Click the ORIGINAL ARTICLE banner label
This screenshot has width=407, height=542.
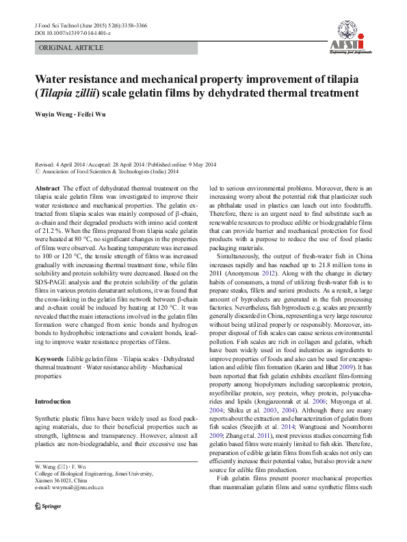73,48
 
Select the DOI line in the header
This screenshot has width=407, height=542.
73,33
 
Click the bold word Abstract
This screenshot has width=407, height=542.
47,188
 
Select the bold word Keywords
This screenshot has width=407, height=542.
49,360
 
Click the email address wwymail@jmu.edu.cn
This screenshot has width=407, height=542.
68,507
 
